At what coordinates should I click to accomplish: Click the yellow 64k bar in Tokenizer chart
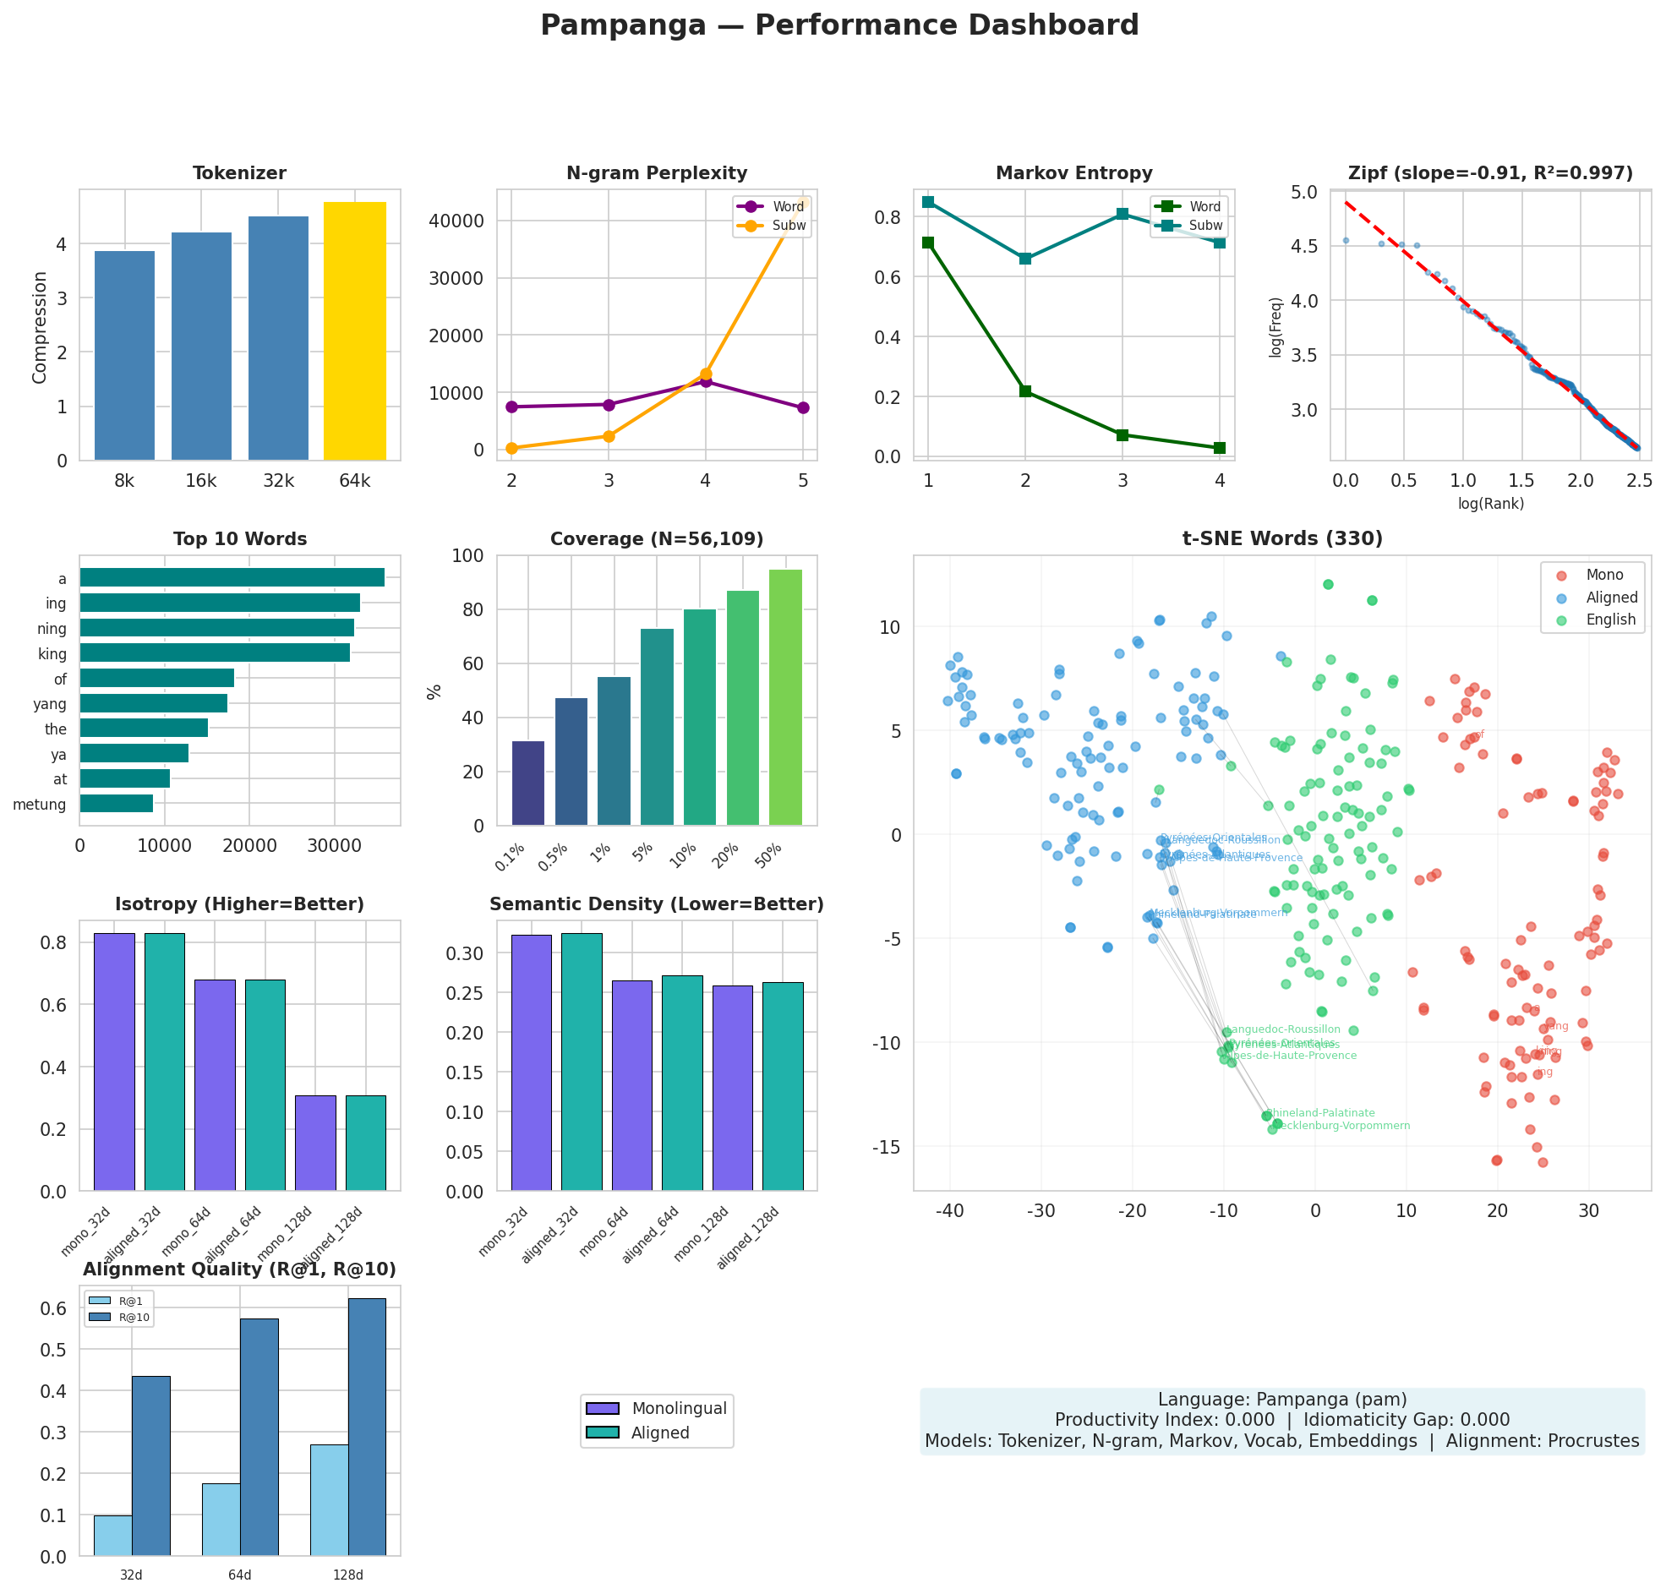coord(354,331)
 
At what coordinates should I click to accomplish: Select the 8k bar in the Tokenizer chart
coord(124,355)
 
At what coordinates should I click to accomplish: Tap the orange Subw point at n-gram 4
coord(705,374)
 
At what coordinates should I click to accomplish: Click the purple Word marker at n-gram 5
coord(802,408)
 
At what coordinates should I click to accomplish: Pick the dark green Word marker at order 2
coord(1024,390)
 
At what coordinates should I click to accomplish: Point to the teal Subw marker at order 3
coord(1122,213)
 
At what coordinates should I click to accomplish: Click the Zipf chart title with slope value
coord(1489,173)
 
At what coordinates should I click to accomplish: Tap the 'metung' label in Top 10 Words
coord(40,804)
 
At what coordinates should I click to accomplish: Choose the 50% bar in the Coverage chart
coord(784,696)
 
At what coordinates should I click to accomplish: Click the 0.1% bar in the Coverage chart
coord(527,782)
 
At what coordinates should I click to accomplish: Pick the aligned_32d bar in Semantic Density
coord(581,1062)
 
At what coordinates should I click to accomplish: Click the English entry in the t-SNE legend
coord(1609,620)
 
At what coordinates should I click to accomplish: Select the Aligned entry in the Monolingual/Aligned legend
coord(659,1433)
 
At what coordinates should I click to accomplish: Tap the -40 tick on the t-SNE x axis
coord(949,1210)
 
